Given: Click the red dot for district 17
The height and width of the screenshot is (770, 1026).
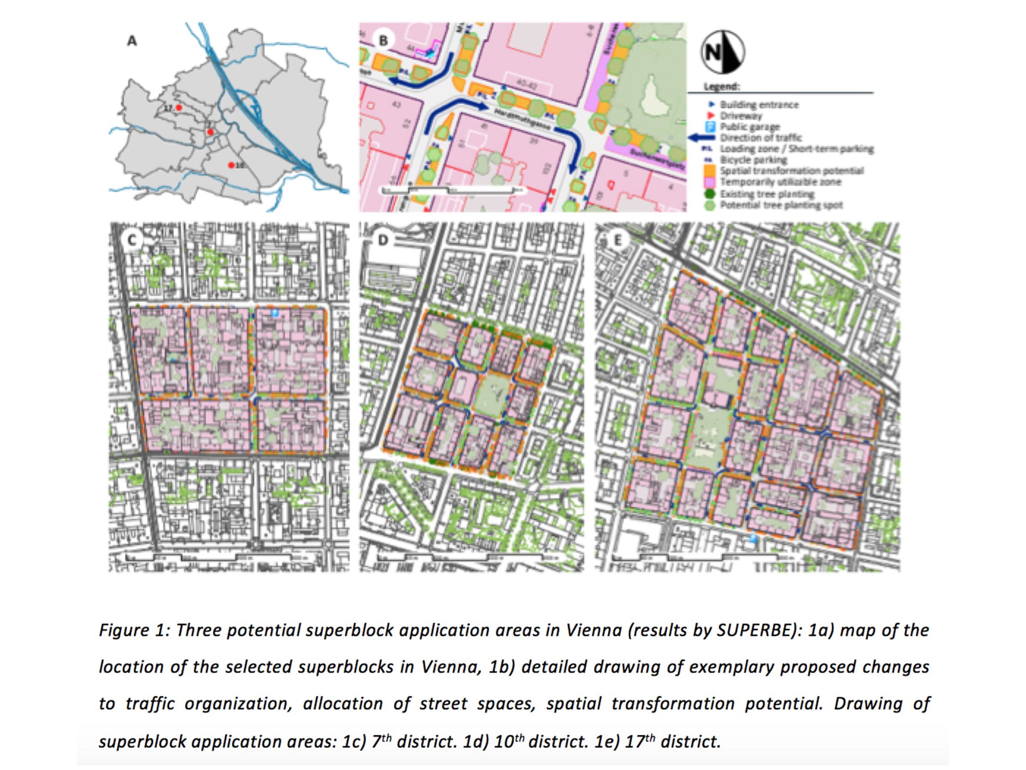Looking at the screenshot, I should pyautogui.click(x=179, y=108).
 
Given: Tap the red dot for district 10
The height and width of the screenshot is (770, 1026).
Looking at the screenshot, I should pyautogui.click(x=231, y=165).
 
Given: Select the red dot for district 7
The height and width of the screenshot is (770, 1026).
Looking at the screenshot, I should pyautogui.click(x=210, y=132).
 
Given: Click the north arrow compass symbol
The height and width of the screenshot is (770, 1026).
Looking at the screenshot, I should pyautogui.click(x=722, y=52).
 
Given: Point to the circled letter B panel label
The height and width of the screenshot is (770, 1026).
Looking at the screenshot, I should pyautogui.click(x=383, y=40).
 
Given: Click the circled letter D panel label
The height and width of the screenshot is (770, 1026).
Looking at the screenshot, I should pyautogui.click(x=383, y=240).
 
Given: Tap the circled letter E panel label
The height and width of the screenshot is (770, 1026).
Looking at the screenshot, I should pyautogui.click(x=618, y=240).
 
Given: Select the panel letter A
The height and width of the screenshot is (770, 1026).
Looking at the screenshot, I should pyautogui.click(x=132, y=41).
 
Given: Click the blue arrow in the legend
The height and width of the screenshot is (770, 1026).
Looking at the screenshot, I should pyautogui.click(x=702, y=138).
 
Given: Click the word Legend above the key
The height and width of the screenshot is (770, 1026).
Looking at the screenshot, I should pyautogui.click(x=722, y=87).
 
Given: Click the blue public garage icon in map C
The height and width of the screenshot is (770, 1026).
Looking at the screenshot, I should pyautogui.click(x=275, y=313).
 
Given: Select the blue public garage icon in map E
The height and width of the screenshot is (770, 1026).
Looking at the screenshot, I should pyautogui.click(x=754, y=539).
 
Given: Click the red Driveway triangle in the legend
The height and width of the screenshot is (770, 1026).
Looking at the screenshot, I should pyautogui.click(x=710, y=116).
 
